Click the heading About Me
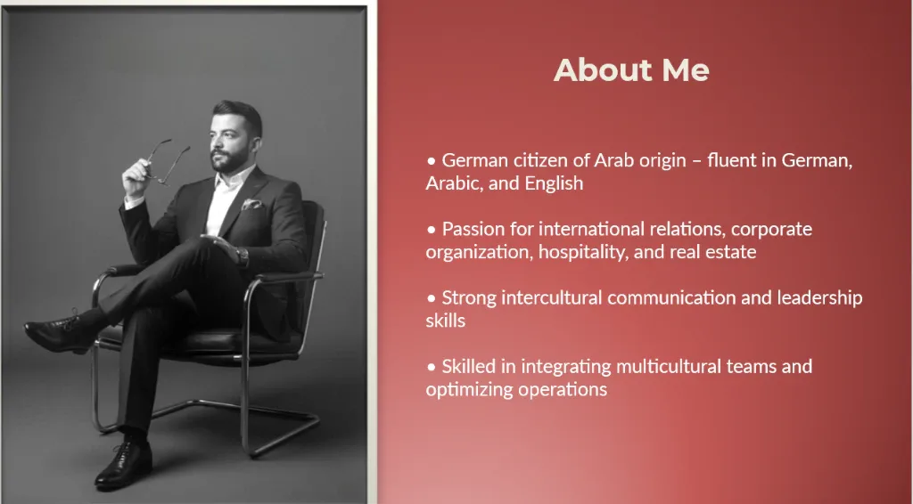pyautogui.click(x=631, y=69)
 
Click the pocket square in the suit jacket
pyautogui.click(x=251, y=204)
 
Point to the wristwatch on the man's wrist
pyautogui.click(x=242, y=256)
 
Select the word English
pyautogui.click(x=554, y=183)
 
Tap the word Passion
pyautogui.click(x=473, y=229)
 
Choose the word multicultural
pyautogui.click(x=669, y=367)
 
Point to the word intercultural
pyautogui.click(x=551, y=297)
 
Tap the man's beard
pyautogui.click(x=233, y=159)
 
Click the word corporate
pyautogui.click(x=771, y=230)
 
